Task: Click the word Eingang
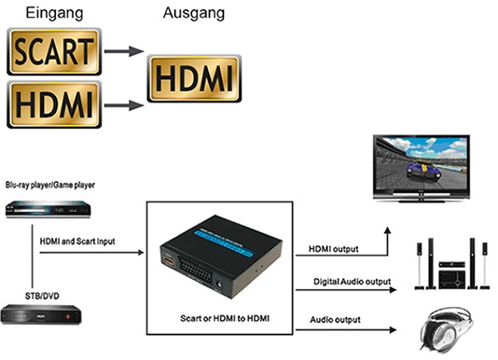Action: (54, 13)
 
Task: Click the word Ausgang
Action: (194, 13)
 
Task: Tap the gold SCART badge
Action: (54, 51)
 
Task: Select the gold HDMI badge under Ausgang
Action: (194, 78)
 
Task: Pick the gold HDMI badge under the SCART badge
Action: (54, 104)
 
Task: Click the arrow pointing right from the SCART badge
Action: (124, 51)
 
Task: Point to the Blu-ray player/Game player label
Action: (50, 185)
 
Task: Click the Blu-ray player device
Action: (48, 209)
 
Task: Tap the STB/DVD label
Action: (42, 297)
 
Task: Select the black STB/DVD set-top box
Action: (41, 314)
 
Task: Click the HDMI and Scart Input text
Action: (77, 242)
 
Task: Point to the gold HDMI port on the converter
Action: (169, 260)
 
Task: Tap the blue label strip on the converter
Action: (224, 243)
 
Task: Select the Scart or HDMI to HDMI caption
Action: (225, 318)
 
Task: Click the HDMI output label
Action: (334, 249)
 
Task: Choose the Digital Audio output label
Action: (353, 282)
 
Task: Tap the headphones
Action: (446, 329)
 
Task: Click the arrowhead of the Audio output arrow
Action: (394, 330)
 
